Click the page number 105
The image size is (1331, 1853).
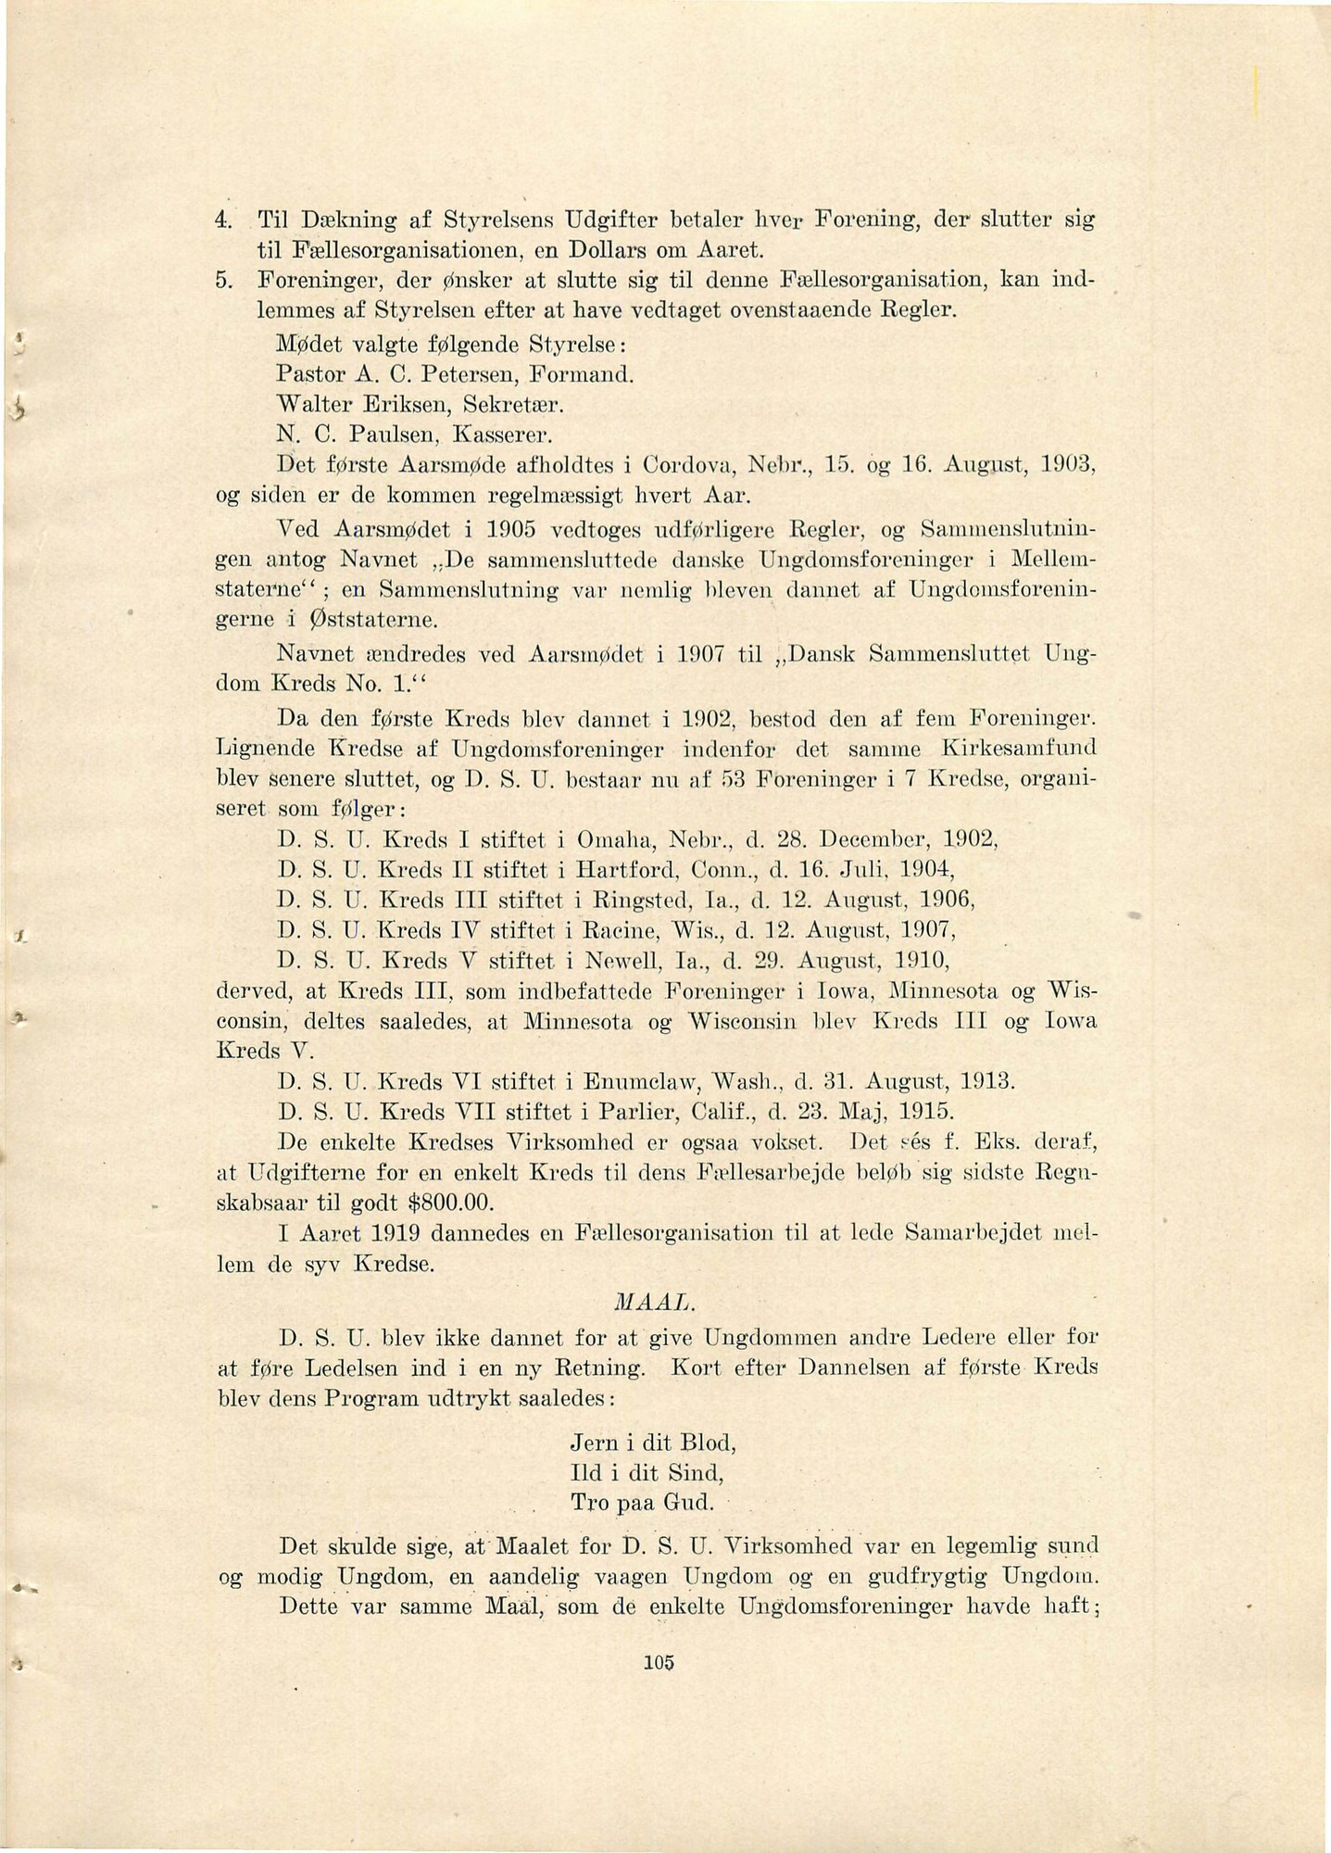[661, 1661]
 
